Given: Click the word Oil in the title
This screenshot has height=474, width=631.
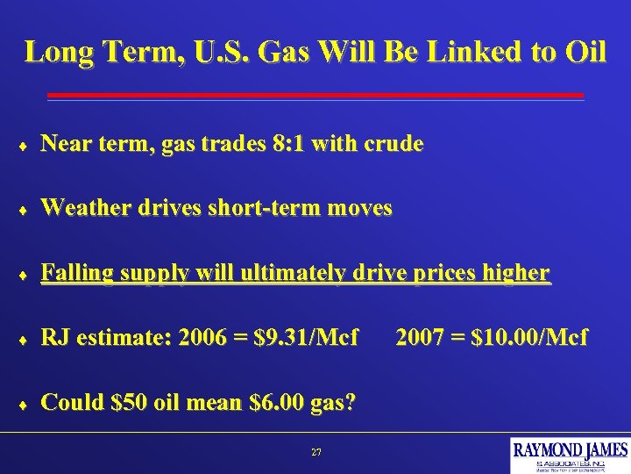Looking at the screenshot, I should [x=585, y=52].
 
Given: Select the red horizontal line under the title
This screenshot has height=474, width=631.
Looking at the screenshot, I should [x=315, y=95].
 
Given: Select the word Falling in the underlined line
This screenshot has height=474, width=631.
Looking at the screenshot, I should [x=77, y=273].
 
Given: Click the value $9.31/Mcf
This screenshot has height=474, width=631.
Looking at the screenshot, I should [x=306, y=337].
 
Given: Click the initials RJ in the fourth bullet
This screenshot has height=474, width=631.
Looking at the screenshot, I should [x=54, y=337].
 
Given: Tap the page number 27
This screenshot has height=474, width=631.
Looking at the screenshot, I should [x=316, y=452].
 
